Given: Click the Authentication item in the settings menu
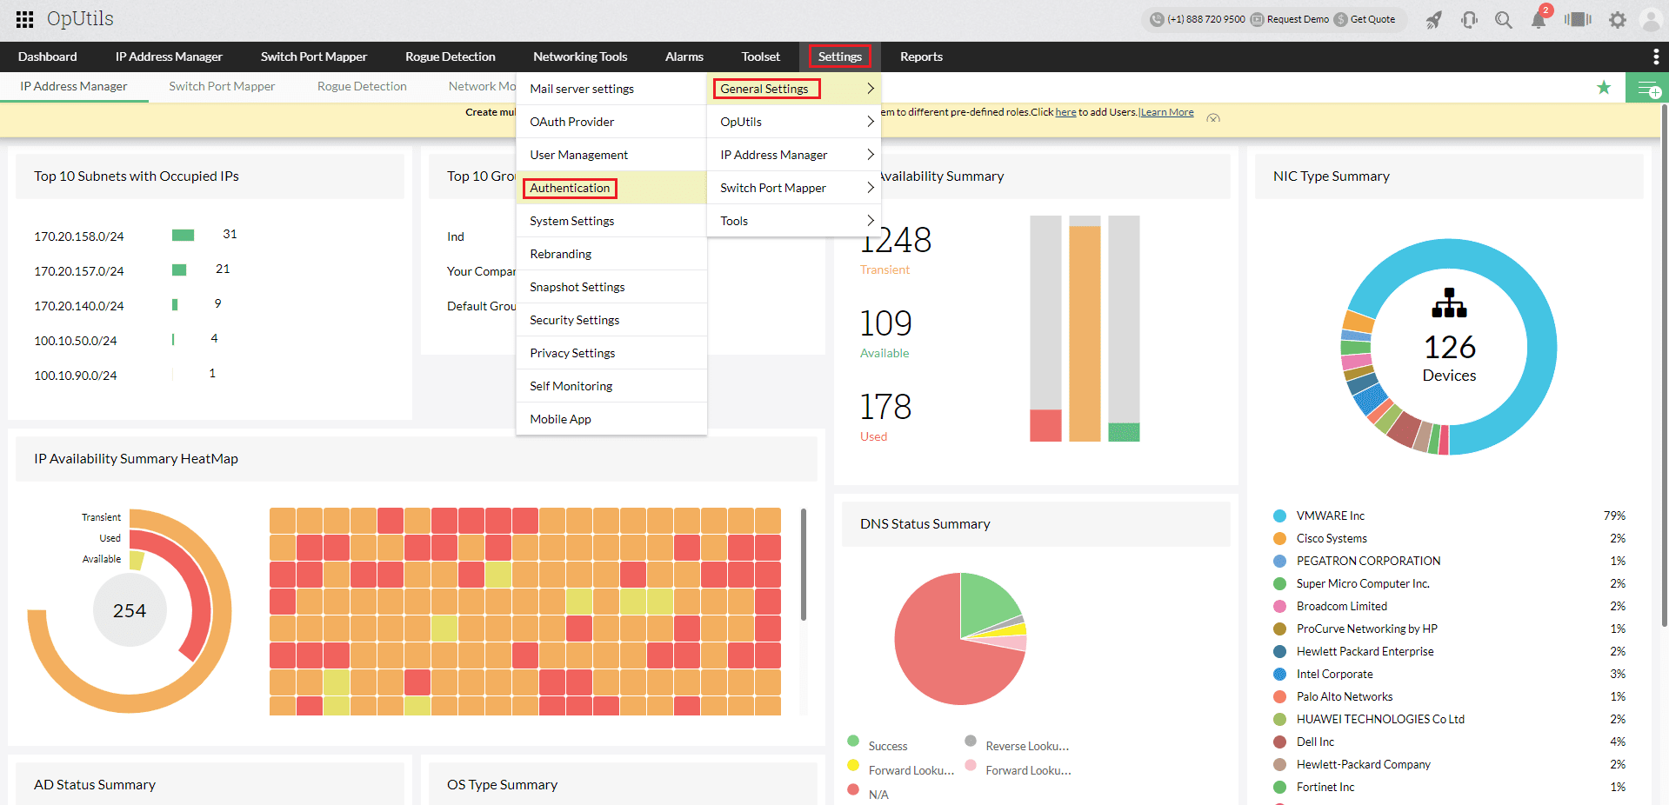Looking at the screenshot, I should point(570,188).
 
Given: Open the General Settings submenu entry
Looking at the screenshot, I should point(765,89).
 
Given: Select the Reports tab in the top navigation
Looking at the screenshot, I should point(921,57).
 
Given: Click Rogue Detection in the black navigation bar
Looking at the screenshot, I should point(450,57).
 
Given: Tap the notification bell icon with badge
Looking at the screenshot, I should point(1539,20).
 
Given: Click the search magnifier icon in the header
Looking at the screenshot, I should point(1503,20).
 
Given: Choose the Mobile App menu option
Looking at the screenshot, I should point(560,419).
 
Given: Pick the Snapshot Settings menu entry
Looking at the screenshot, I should point(577,287).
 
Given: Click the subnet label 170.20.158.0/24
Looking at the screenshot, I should point(79,236).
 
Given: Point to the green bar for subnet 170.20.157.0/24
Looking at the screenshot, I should point(179,269).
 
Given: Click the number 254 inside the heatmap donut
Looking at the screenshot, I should point(130,611).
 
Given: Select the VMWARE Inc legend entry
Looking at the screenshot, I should point(1330,516).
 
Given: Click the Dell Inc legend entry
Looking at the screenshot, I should point(1315,742).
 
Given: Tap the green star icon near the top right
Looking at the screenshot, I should point(1604,87).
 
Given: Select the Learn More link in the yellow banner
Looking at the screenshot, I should point(1167,112).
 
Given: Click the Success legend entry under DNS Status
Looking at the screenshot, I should point(887,746).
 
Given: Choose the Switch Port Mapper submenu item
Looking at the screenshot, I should point(773,188).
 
